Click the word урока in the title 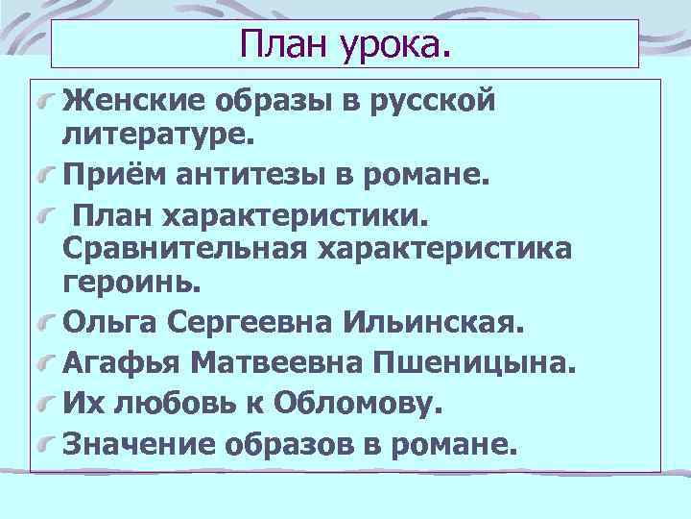(392, 42)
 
